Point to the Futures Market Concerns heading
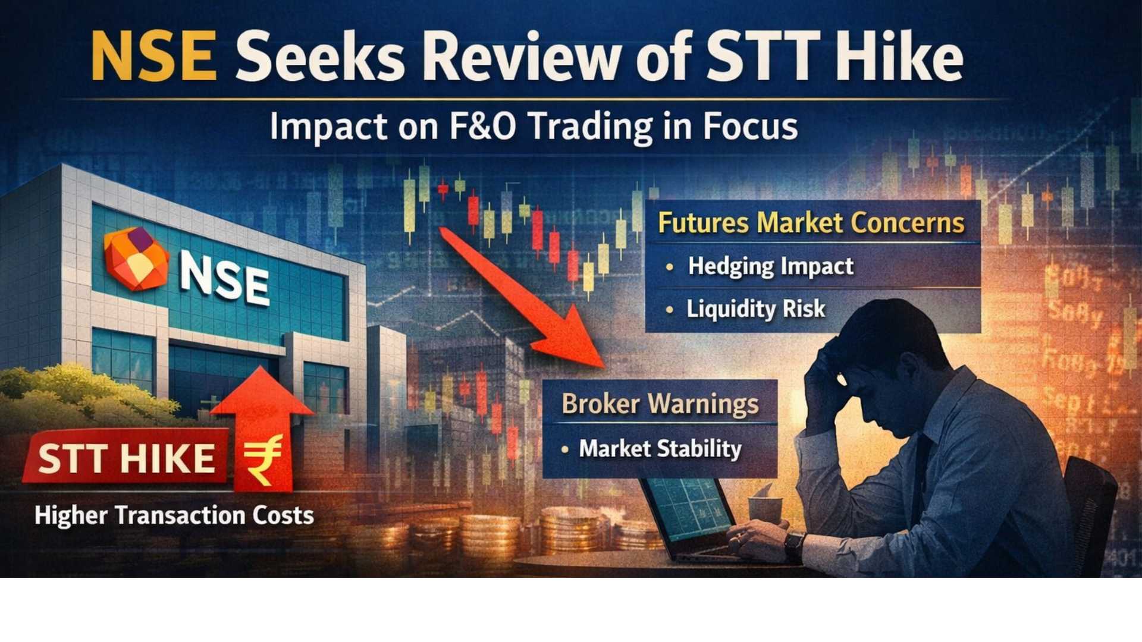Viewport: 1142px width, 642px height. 811,223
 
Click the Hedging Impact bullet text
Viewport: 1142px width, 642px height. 770,266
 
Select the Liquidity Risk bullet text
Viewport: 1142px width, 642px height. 755,309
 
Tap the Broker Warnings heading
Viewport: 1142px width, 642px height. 660,404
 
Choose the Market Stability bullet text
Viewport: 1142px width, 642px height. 660,449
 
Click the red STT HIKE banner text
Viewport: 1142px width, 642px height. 126,459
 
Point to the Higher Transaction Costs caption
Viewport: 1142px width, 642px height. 174,515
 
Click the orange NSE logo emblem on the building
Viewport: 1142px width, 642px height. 136,259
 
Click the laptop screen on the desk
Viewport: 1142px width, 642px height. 690,511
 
